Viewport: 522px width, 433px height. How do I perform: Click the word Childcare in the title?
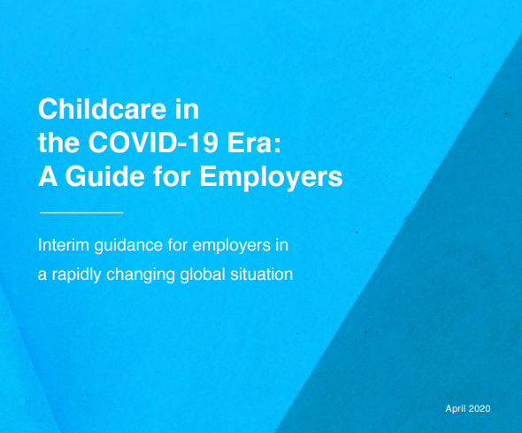[x=103, y=109]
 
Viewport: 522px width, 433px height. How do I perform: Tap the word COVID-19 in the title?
[x=153, y=143]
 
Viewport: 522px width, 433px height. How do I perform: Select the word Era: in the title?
[x=254, y=143]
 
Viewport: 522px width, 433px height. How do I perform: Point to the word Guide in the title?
[x=105, y=175]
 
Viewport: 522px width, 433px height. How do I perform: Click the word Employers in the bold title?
[x=271, y=177]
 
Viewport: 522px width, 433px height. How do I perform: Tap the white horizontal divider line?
[x=81, y=213]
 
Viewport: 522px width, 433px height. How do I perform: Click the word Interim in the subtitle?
[x=64, y=245]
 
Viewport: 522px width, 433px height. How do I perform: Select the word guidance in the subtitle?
[x=129, y=246]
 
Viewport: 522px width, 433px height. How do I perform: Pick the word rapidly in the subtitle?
[x=77, y=275]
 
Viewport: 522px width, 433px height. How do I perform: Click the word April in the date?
[x=456, y=409]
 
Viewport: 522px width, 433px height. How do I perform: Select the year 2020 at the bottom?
[x=480, y=409]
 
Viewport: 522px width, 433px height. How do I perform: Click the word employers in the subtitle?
[x=232, y=246]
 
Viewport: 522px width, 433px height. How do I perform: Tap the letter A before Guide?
[x=48, y=175]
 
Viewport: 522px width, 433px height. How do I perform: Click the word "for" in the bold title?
[x=172, y=175]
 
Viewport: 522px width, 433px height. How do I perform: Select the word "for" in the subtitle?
[x=178, y=245]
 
